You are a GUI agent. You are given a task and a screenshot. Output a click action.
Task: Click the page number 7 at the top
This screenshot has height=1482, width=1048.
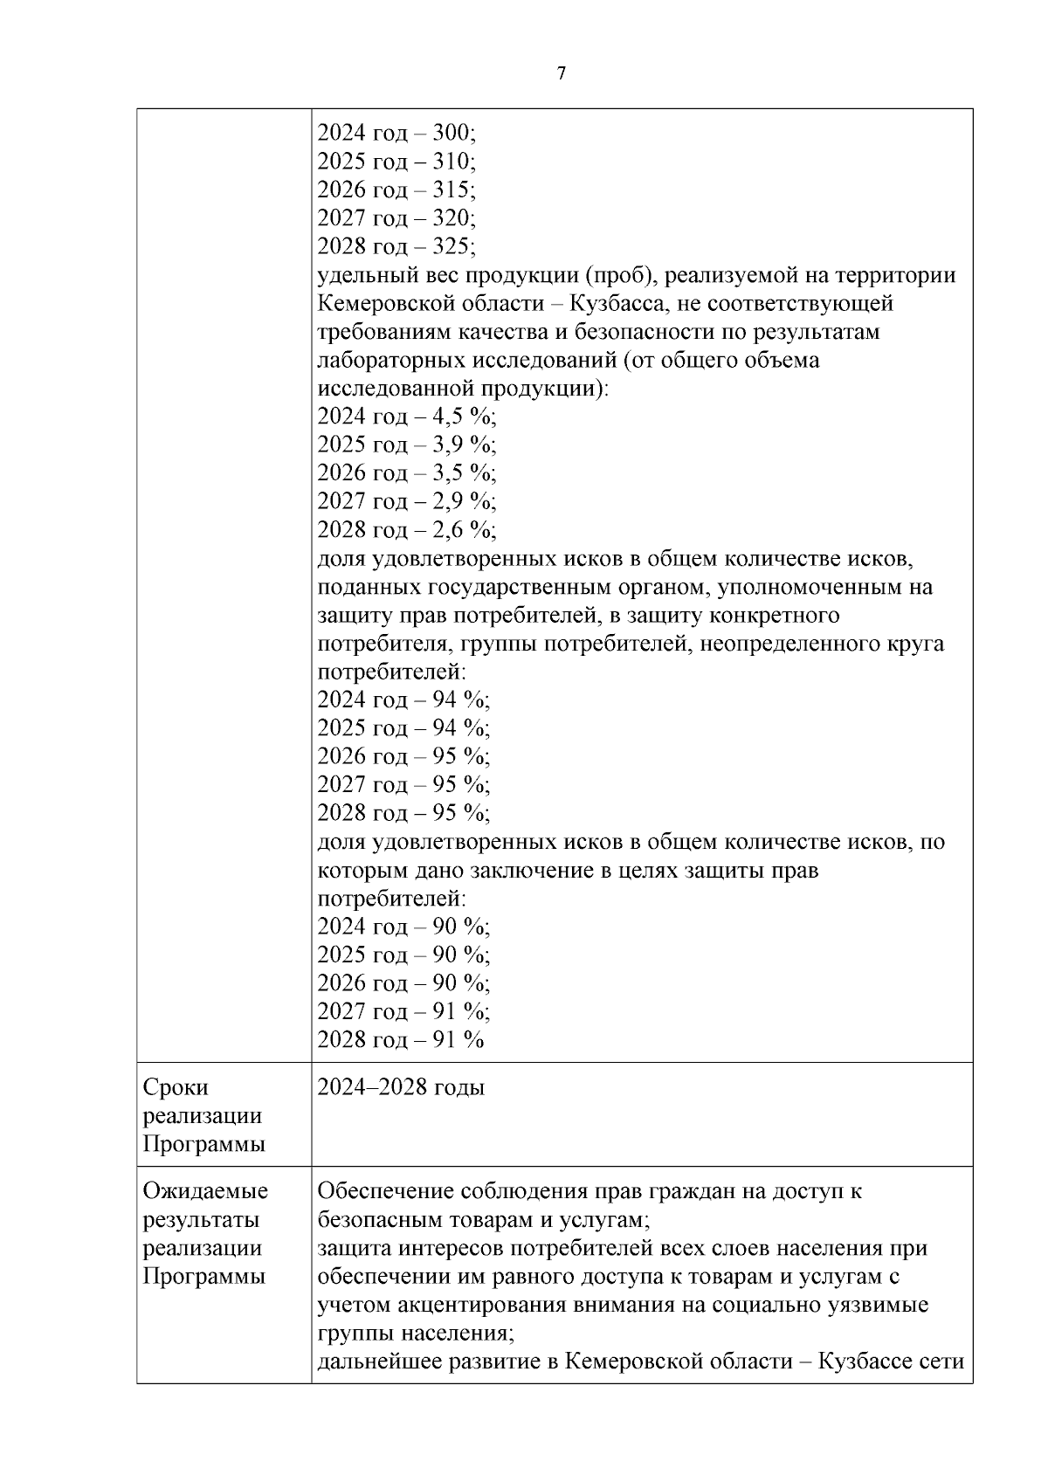coord(561,73)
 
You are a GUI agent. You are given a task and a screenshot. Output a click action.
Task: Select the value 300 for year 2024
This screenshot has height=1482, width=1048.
coord(453,133)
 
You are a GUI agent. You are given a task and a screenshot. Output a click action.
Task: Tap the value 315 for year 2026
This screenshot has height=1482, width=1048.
coord(453,190)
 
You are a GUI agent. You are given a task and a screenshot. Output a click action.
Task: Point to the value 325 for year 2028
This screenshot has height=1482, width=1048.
coord(453,246)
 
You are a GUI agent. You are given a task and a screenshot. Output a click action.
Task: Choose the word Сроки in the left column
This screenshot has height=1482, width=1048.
coord(176,1087)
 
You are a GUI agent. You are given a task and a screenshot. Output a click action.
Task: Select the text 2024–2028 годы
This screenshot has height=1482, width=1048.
coord(401,1087)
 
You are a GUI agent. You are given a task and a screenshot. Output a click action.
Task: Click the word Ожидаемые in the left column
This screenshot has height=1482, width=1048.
coord(205,1191)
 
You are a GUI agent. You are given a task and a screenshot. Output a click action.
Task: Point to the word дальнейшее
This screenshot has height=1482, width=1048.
coord(379,1361)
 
